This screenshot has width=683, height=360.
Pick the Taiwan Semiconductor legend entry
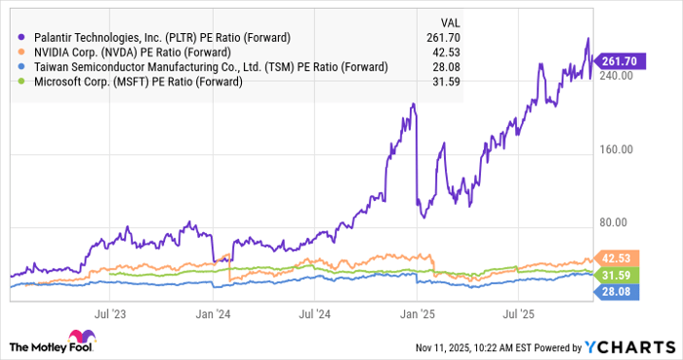[204, 66]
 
